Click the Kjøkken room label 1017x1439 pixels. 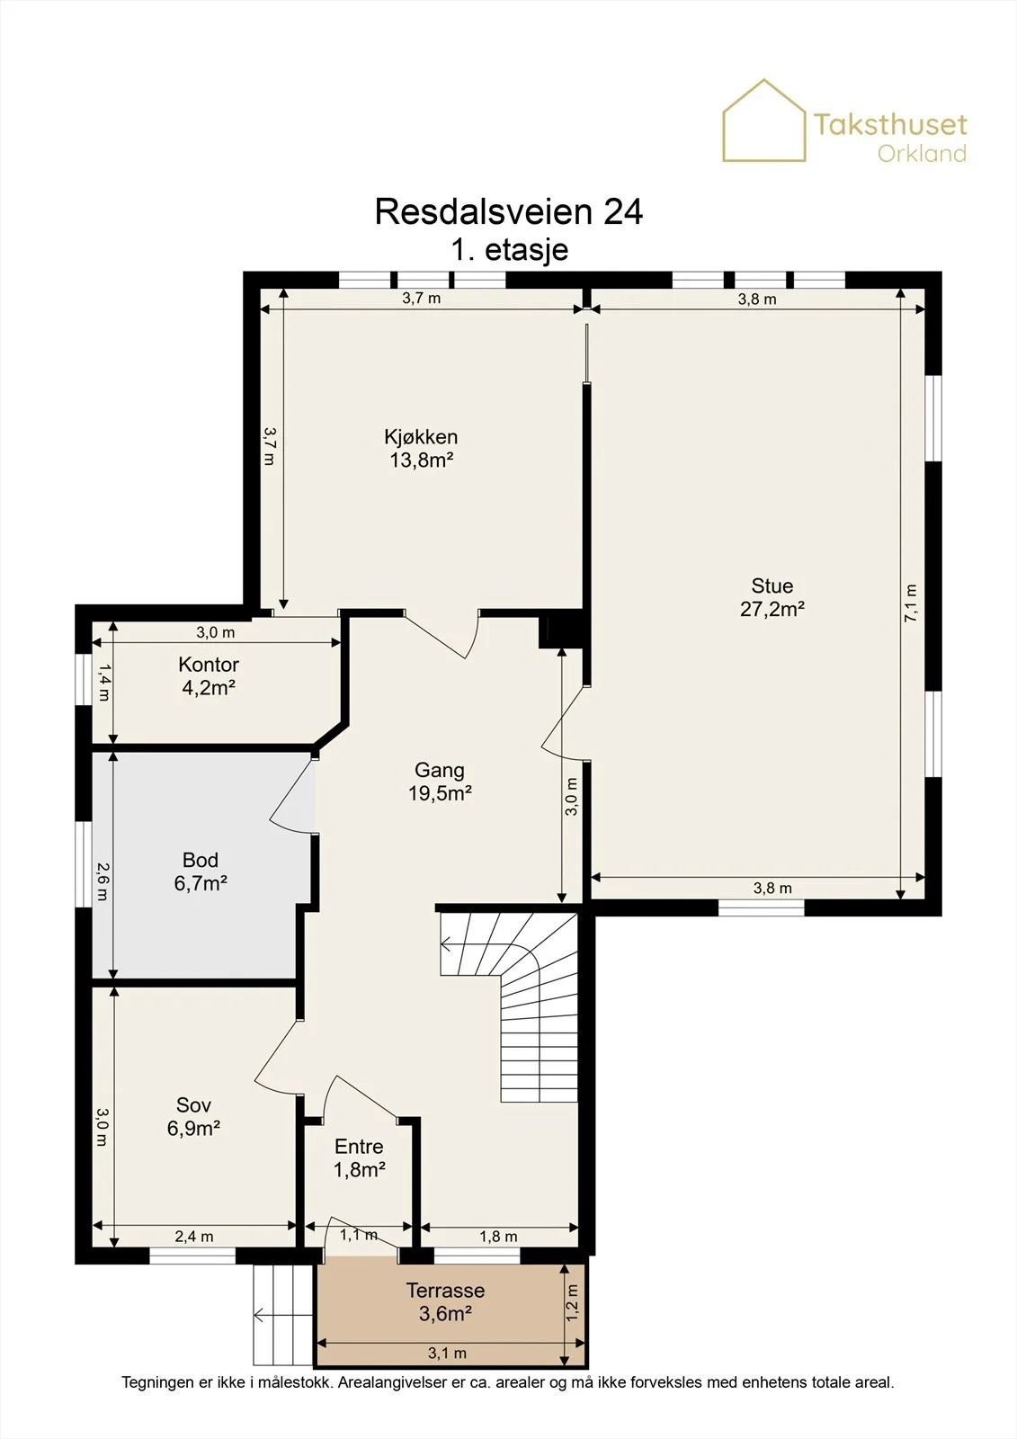pyautogui.click(x=421, y=437)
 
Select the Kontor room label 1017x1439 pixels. pyautogui.click(x=209, y=664)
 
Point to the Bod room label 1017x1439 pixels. pyautogui.click(x=201, y=860)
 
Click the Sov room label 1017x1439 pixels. pyautogui.click(x=194, y=1104)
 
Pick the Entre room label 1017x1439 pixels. pyautogui.click(x=359, y=1146)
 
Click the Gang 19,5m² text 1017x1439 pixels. pyautogui.click(x=440, y=782)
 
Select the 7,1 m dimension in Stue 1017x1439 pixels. pyautogui.click(x=911, y=603)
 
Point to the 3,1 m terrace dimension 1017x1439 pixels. pyautogui.click(x=448, y=1354)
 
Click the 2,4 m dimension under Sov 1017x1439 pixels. pyautogui.click(x=194, y=1237)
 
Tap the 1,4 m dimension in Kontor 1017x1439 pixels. pyautogui.click(x=103, y=683)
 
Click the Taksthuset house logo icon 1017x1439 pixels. pyautogui.click(x=764, y=121)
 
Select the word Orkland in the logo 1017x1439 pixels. pyautogui.click(x=922, y=154)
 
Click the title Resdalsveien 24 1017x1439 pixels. pyautogui.click(x=509, y=211)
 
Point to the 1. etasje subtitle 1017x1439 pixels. pyautogui.click(x=510, y=250)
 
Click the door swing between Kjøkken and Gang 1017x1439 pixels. pyautogui.click(x=442, y=635)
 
